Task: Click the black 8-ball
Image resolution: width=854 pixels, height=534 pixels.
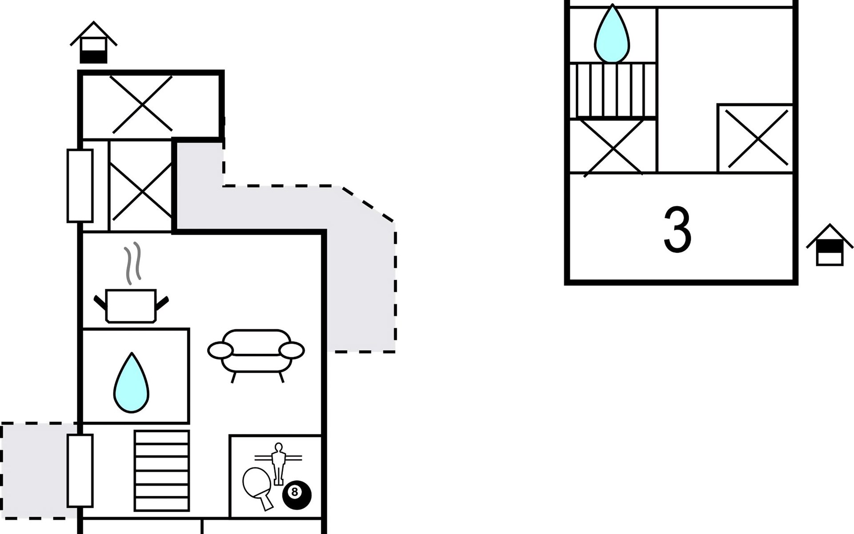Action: click(x=297, y=494)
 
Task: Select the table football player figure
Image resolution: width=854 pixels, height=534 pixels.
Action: click(x=278, y=463)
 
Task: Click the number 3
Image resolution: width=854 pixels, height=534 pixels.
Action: click(x=677, y=230)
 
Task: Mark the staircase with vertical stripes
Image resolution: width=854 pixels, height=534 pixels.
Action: click(x=612, y=90)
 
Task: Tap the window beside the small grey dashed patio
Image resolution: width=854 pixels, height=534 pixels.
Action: click(x=80, y=471)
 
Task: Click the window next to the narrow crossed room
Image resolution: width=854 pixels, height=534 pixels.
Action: click(x=80, y=186)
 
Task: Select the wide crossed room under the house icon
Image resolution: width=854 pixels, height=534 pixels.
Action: click(x=142, y=104)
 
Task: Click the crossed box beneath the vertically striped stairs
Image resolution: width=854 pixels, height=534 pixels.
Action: click(x=612, y=146)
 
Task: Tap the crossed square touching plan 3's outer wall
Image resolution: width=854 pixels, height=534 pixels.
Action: click(x=755, y=139)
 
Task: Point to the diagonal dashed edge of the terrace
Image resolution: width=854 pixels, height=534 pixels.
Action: click(x=367, y=204)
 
